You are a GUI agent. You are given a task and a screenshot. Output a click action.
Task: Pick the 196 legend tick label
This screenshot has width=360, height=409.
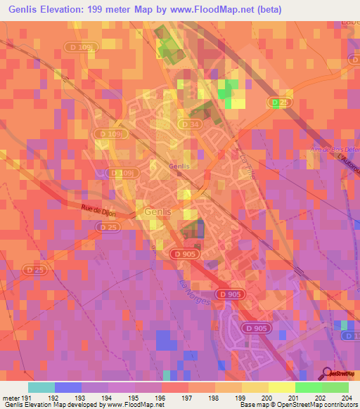pyautogui.click(x=161, y=397)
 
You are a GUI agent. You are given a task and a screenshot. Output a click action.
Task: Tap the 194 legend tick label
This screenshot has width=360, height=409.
pyautogui.click(x=108, y=397)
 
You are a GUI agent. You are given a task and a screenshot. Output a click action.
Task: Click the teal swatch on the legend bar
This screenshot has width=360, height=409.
pyautogui.click(x=41, y=387)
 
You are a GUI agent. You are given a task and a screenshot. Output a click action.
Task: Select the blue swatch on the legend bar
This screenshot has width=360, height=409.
pyautogui.click(x=68, y=387)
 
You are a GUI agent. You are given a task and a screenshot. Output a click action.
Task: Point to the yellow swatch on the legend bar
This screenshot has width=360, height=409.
pyautogui.click(x=281, y=387)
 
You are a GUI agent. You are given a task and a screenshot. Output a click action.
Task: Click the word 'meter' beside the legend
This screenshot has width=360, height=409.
pyautogui.click(x=11, y=397)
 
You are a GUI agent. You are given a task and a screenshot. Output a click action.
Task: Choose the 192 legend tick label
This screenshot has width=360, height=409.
pyautogui.click(x=55, y=397)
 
